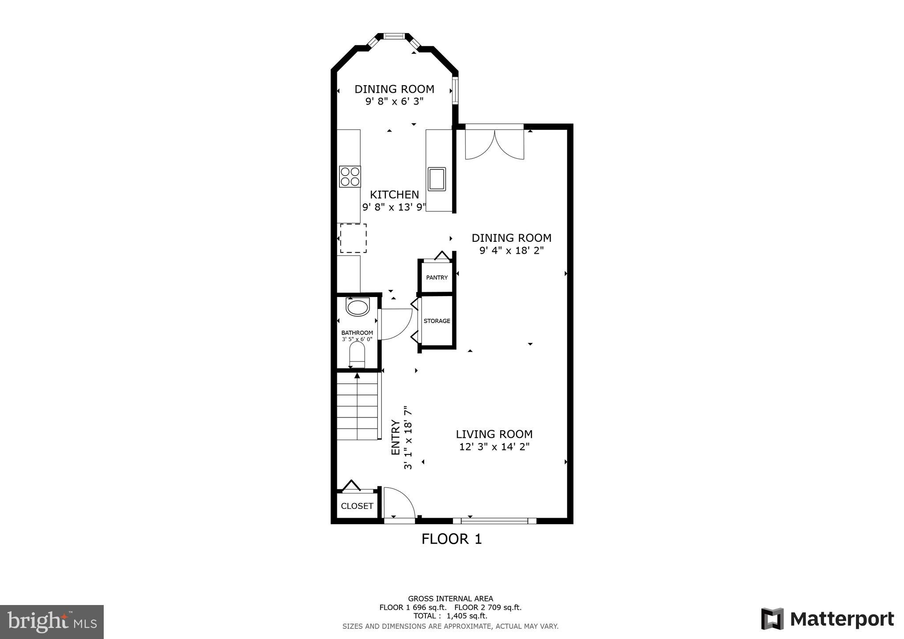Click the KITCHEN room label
[394, 195]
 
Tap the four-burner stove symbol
[350, 177]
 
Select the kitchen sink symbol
[437, 179]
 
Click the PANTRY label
[437, 278]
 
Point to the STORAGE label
[437, 321]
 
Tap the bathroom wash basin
[357, 307]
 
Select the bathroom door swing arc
[395, 324]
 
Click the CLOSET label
[357, 506]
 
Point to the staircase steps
[358, 406]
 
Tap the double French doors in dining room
[494, 144]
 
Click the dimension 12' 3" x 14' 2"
[494, 447]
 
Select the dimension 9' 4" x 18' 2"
[511, 251]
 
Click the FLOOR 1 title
[451, 539]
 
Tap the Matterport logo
[827, 619]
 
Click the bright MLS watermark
[52, 622]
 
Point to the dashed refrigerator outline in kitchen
[353, 238]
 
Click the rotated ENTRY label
[395, 437]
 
